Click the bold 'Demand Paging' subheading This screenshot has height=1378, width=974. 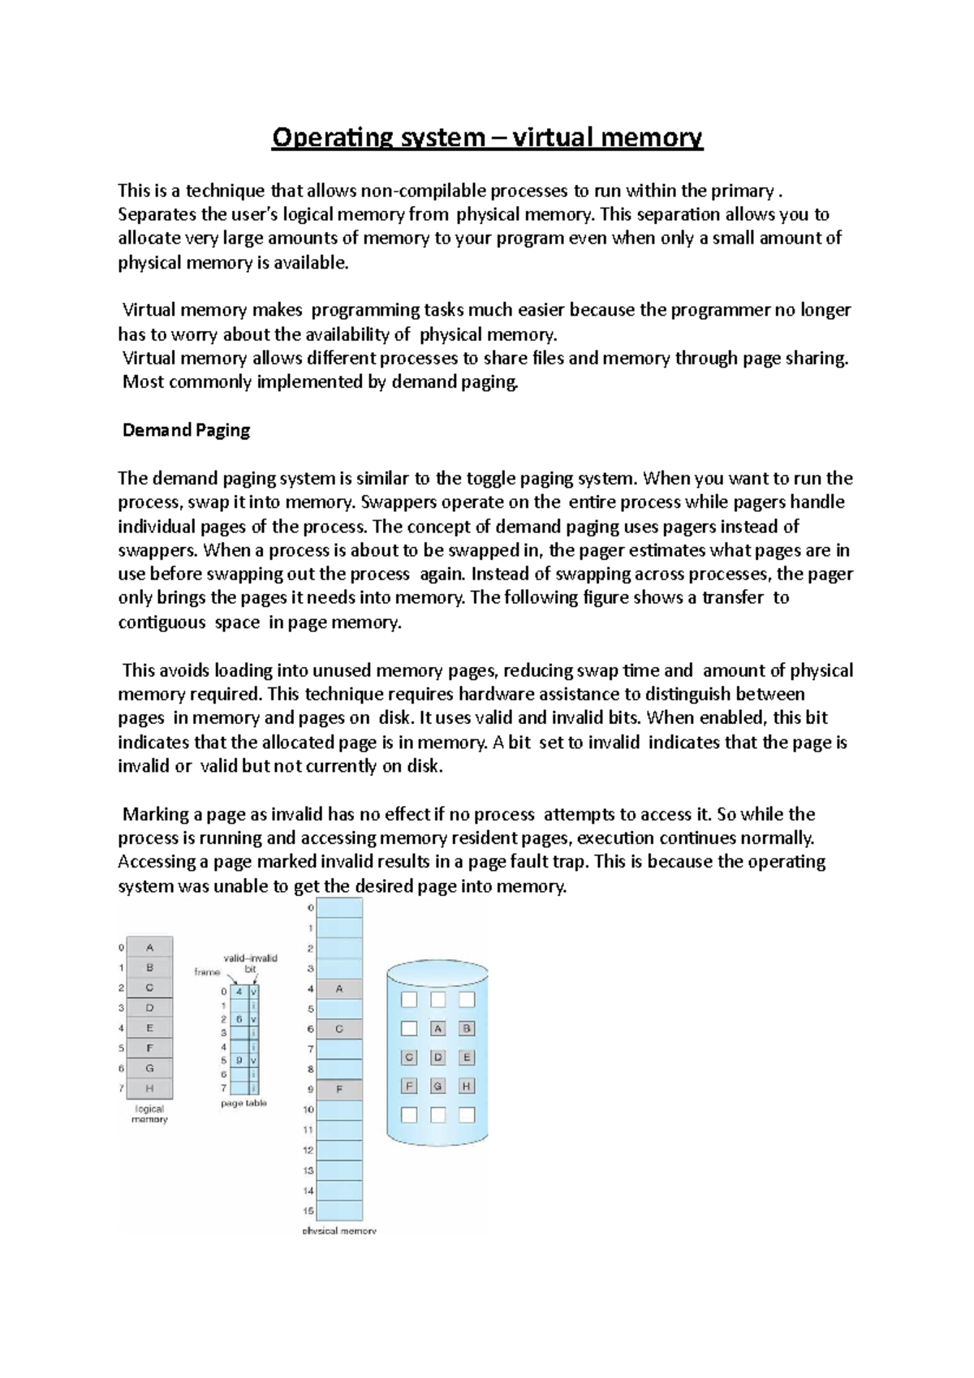[x=186, y=430]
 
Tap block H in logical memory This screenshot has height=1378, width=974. [x=149, y=1088]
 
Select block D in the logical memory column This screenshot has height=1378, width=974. [x=149, y=1008]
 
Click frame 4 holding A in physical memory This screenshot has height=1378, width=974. [x=339, y=988]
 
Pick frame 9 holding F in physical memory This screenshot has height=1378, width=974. [x=339, y=1089]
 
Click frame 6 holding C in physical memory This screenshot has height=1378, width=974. [x=339, y=1029]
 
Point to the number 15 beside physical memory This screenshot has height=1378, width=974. [x=308, y=1211]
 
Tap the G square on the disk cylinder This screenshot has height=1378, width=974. [x=437, y=1086]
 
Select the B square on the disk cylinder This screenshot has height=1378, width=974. [x=466, y=1028]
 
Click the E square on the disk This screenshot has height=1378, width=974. [x=466, y=1057]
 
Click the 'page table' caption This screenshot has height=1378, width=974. [x=243, y=1104]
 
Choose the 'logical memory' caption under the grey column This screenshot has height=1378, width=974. [x=149, y=1113]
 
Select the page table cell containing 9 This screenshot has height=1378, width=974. [x=239, y=1060]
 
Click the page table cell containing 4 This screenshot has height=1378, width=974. [x=239, y=991]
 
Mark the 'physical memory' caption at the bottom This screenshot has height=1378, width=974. [x=339, y=1230]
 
